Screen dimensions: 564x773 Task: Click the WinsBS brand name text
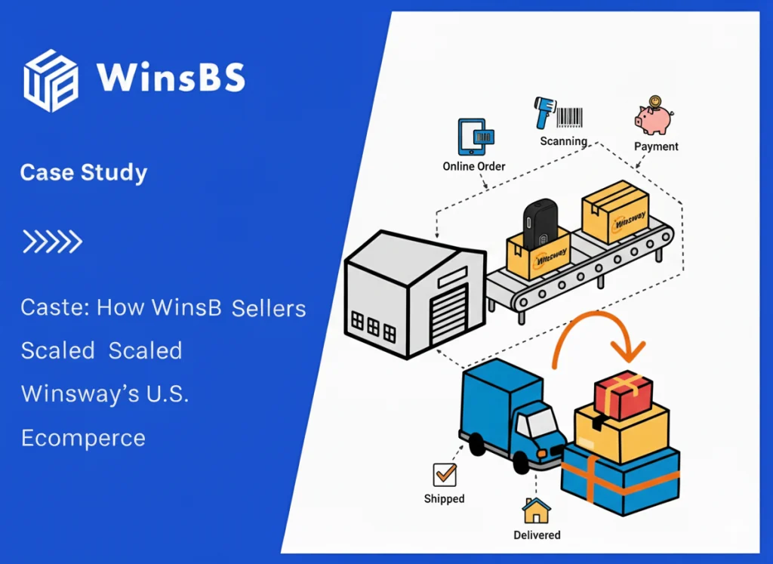pos(170,79)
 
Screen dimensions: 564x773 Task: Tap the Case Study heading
pos(84,173)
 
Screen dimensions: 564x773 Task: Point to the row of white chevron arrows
pos(52,242)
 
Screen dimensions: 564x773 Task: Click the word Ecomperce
pos(83,438)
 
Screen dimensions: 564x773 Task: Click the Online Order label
pos(474,166)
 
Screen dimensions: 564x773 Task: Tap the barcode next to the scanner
pos(571,117)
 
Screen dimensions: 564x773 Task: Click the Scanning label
pos(563,140)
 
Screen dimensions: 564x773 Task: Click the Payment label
pos(656,146)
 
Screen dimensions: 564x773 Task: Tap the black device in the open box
pos(540,223)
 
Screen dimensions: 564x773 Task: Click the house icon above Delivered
pos(537,510)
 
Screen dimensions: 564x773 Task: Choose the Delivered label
pos(537,535)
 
